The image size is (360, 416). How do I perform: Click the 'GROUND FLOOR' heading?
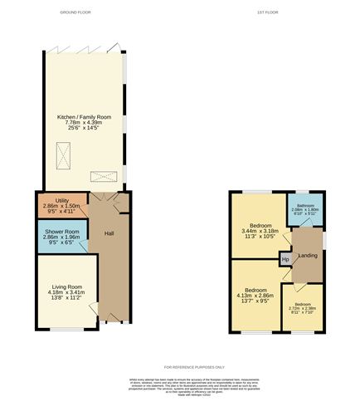click(75, 12)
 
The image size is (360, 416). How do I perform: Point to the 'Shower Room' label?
click(61, 232)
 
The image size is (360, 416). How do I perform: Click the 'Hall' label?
click(109, 234)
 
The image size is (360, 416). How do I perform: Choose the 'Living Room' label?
click(63, 286)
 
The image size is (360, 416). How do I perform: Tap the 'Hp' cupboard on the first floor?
click(285, 260)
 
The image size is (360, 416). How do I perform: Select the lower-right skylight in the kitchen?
click(102, 176)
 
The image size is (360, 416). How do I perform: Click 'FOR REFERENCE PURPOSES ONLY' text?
click(180, 367)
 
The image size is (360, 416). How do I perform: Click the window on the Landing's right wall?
click(324, 241)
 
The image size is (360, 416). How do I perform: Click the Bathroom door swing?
click(299, 235)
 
